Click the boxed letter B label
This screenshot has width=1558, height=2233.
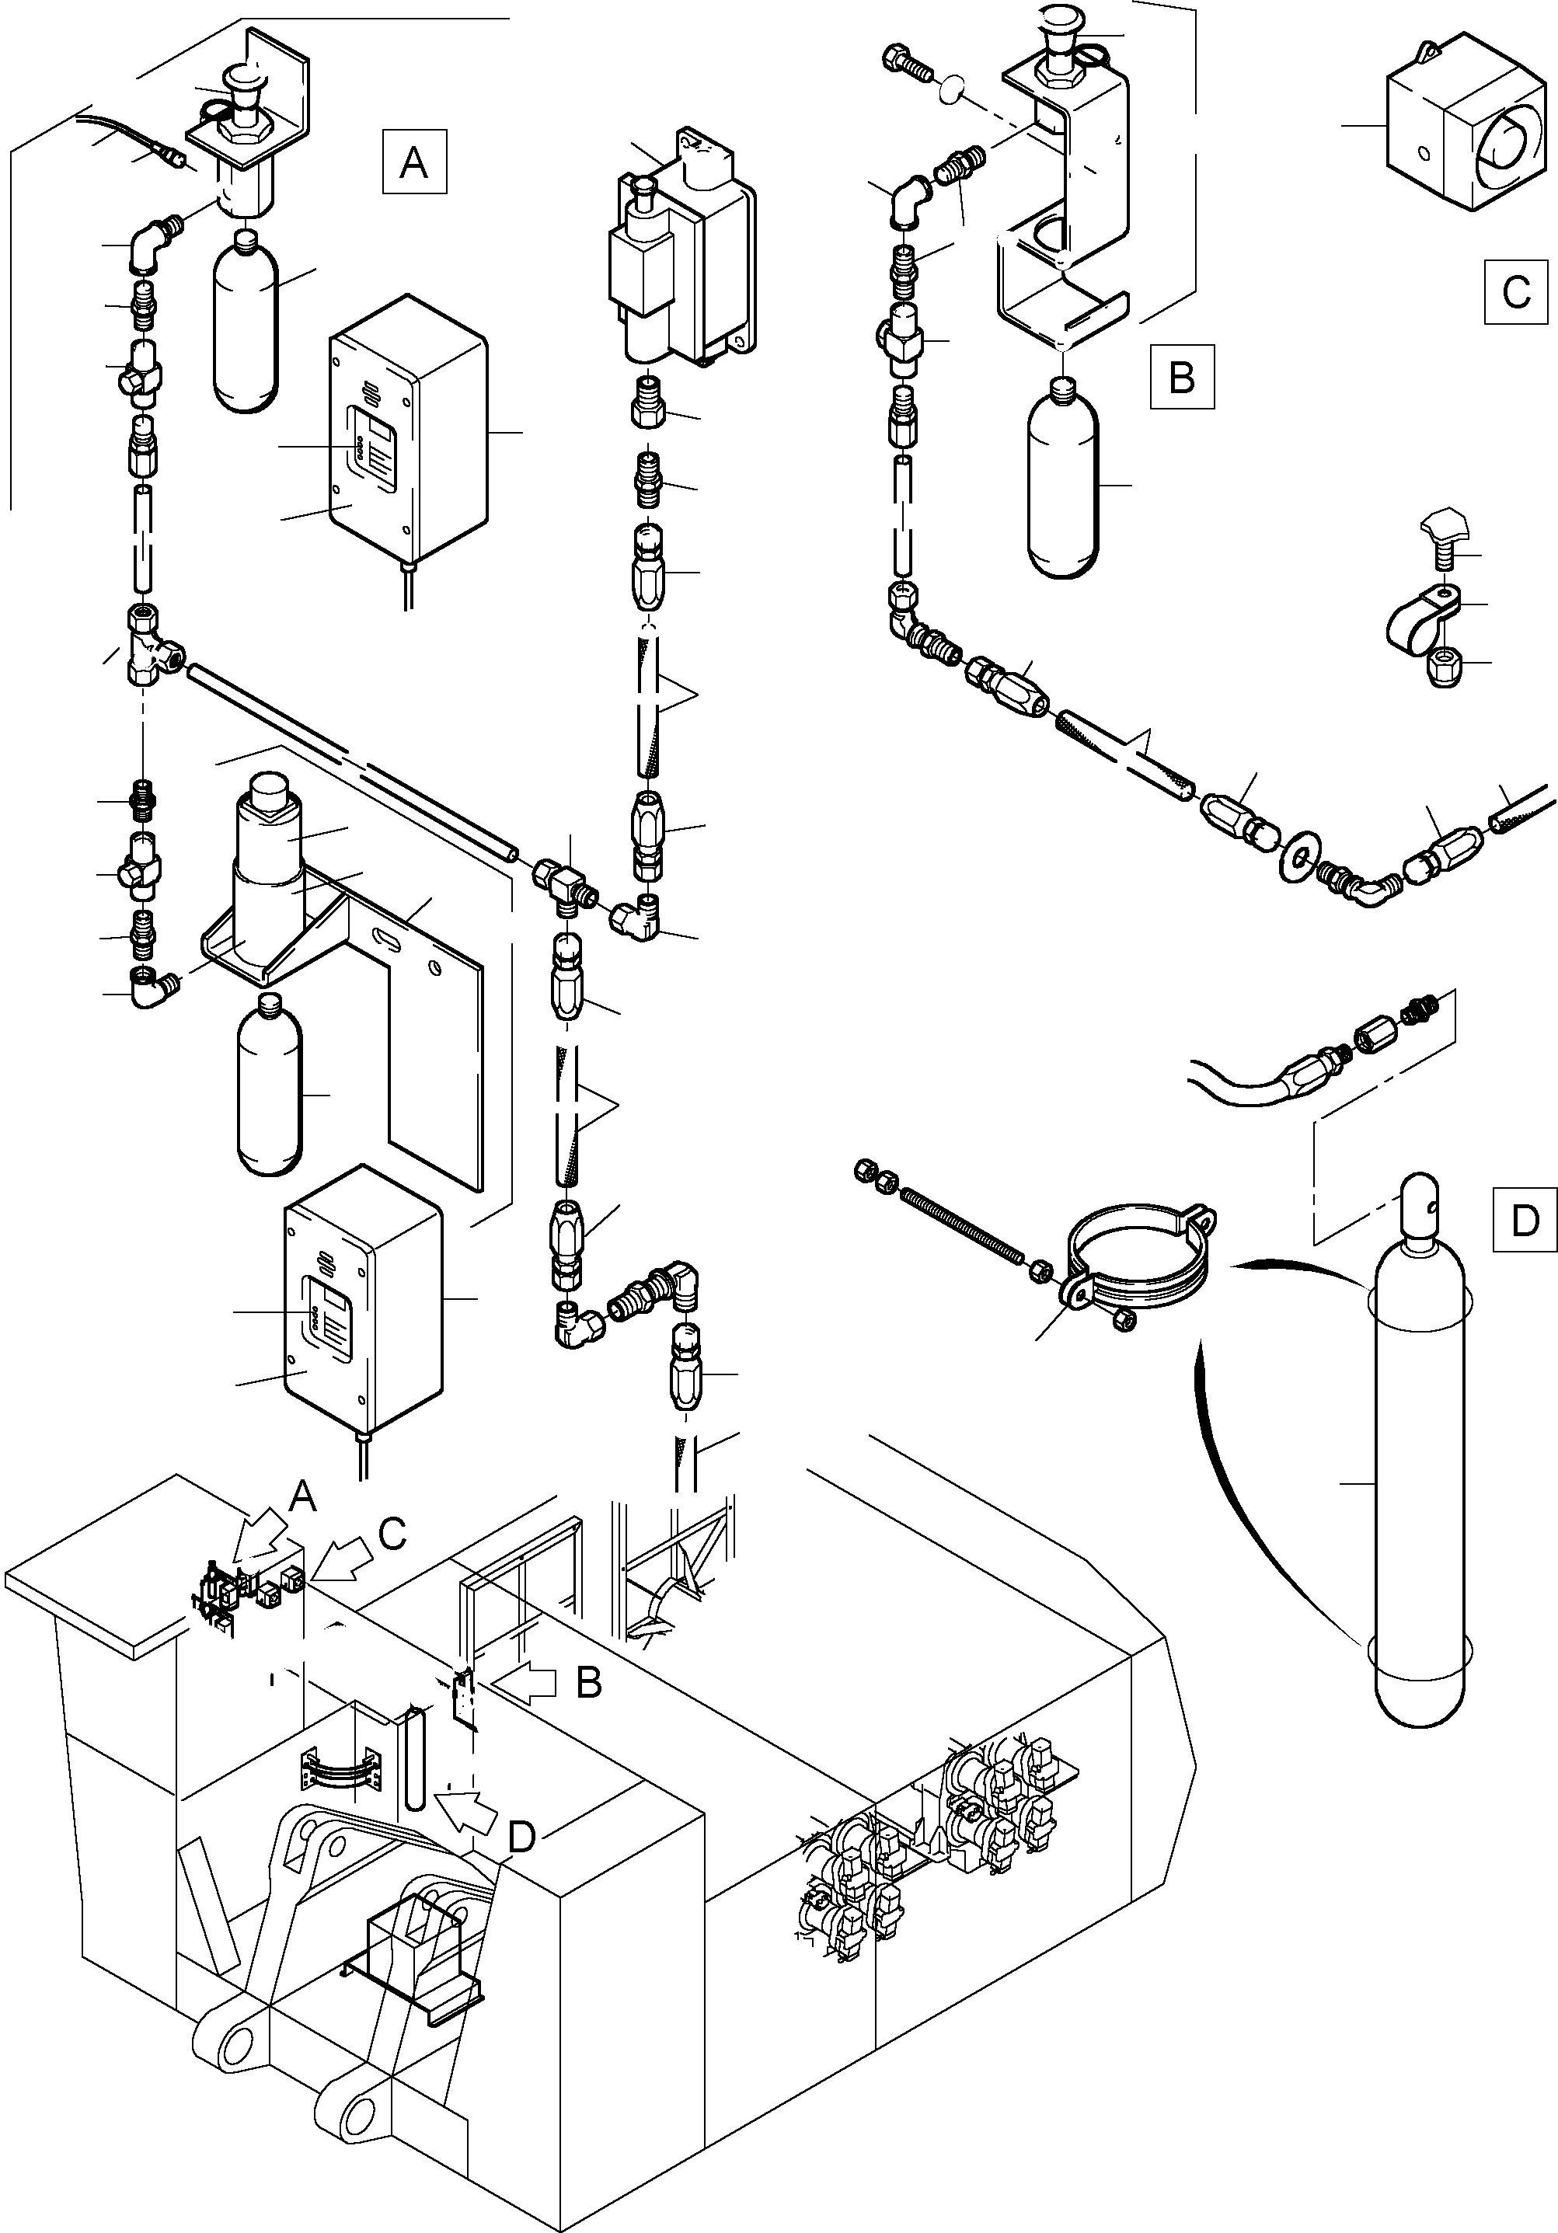(1182, 375)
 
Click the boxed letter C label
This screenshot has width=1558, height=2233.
(1516, 292)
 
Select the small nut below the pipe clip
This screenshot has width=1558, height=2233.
(1445, 668)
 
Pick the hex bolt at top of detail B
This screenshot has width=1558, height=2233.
(906, 61)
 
